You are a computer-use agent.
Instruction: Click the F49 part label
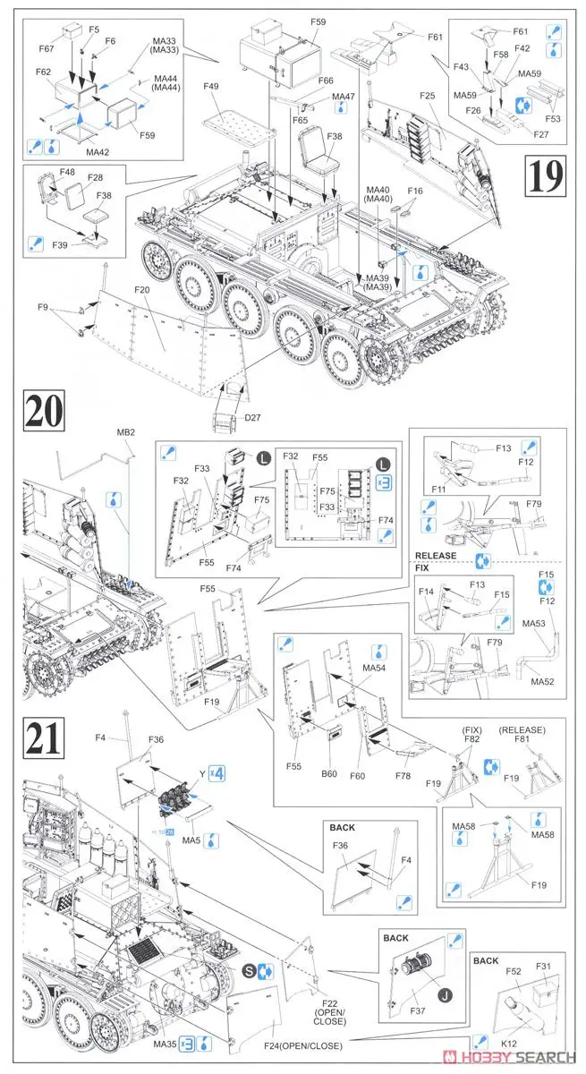click(210, 86)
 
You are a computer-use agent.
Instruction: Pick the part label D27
click(226, 441)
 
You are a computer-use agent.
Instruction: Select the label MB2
click(125, 432)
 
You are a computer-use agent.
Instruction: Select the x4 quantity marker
click(217, 772)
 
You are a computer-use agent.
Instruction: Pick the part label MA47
click(344, 97)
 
